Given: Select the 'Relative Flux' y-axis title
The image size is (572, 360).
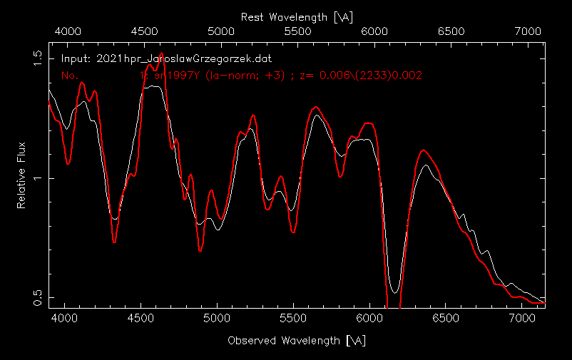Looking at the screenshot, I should [x=22, y=175].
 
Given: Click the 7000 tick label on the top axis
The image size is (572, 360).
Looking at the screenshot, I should [x=527, y=31].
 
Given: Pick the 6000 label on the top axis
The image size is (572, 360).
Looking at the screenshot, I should [x=374, y=31].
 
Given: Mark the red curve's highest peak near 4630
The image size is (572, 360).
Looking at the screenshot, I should [x=161, y=53].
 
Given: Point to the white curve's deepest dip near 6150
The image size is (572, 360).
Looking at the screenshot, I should [x=394, y=292].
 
